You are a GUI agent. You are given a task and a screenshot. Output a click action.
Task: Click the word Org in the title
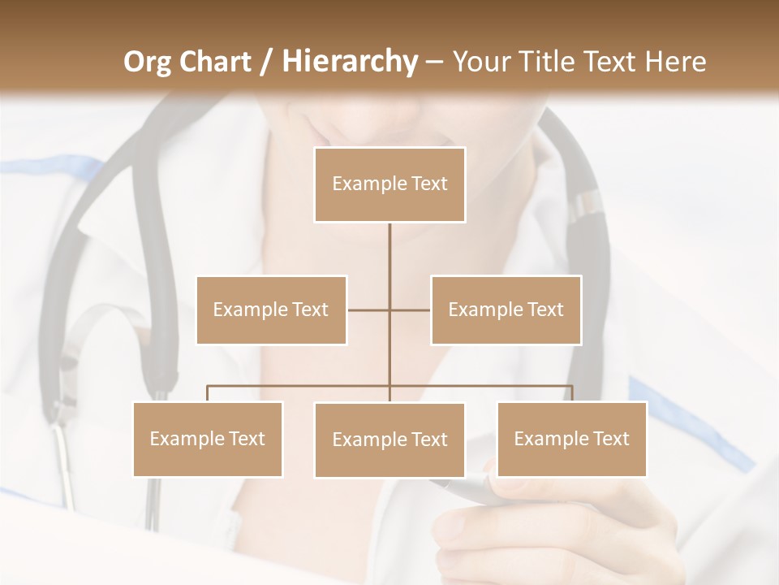pyautogui.click(x=148, y=62)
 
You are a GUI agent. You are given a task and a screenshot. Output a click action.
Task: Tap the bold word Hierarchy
pyautogui.click(x=349, y=62)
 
